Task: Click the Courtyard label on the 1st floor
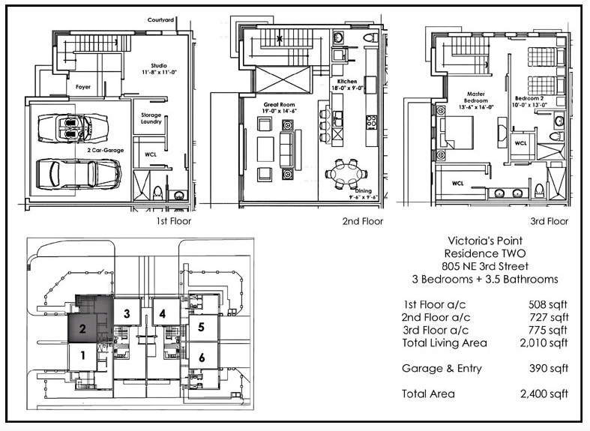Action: point(160,20)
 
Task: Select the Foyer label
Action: point(83,87)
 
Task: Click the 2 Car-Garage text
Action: point(106,150)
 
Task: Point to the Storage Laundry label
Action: point(151,118)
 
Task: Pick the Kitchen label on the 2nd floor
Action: point(347,81)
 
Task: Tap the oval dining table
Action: point(346,174)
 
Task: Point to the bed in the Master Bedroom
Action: point(455,133)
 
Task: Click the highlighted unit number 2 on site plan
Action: point(82,329)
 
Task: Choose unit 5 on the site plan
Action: point(201,327)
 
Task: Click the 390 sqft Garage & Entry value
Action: point(549,368)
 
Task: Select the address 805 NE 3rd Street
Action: point(485,266)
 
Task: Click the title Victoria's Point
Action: point(485,241)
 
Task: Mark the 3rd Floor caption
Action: point(550,221)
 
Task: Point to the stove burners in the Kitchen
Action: point(371,122)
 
